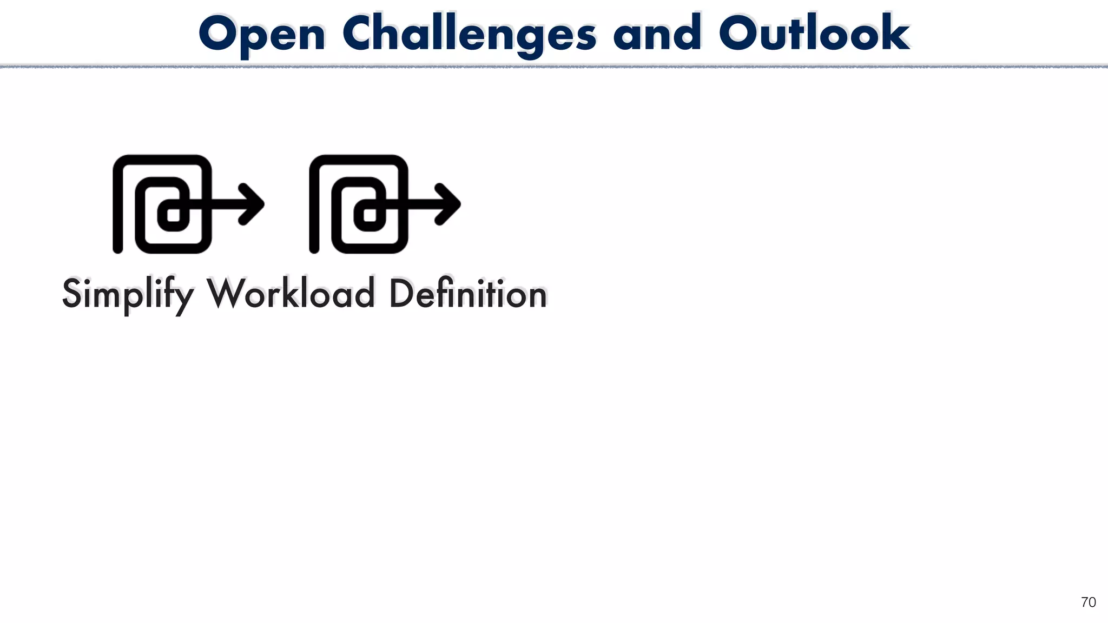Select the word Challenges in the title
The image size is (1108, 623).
point(469,35)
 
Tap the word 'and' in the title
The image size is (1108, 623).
point(657,34)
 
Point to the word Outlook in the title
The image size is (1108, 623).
point(814,34)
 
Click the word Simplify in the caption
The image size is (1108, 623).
point(128,295)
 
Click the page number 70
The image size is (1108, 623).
point(1088,602)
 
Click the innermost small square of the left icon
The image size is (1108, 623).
point(173,215)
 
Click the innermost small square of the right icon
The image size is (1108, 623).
point(370,215)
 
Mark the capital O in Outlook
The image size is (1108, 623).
point(741,34)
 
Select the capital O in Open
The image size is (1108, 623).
point(220,34)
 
